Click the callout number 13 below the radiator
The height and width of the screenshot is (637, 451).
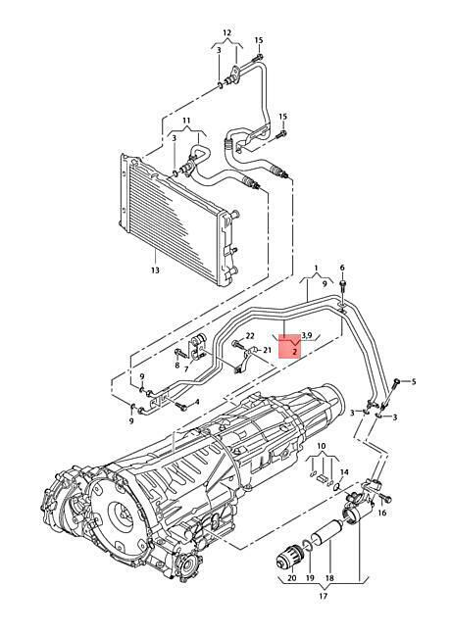point(155,270)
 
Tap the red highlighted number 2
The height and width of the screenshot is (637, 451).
point(294,350)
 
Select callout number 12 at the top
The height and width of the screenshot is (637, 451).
point(226,32)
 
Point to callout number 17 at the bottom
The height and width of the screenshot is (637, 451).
point(323,597)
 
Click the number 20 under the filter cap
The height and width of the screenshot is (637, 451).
point(292,578)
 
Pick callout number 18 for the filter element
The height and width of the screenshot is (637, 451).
point(329,578)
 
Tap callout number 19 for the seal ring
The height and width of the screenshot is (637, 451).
point(311,578)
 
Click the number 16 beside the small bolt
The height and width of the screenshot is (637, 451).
point(382,514)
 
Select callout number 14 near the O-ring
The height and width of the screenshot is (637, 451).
point(344,472)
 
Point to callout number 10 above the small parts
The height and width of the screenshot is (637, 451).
point(322,446)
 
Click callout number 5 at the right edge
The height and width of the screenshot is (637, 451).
point(414,381)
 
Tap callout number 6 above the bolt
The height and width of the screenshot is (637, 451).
point(342,268)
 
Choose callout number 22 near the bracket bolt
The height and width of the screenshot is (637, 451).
point(250,335)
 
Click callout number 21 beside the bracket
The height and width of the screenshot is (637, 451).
point(267,350)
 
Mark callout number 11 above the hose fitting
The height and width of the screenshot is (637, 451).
point(186,121)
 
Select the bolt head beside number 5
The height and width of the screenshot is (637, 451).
point(397,381)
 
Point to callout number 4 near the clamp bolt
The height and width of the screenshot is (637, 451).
point(197,402)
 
